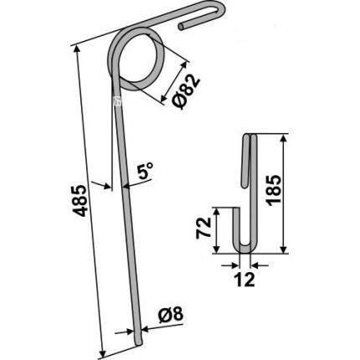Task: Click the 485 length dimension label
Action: tap(81, 200)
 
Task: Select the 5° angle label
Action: tap(145, 172)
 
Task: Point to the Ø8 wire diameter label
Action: tap(171, 315)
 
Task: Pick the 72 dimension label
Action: tap(203, 228)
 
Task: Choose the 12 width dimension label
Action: tap(244, 280)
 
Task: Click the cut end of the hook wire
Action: tap(182, 26)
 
